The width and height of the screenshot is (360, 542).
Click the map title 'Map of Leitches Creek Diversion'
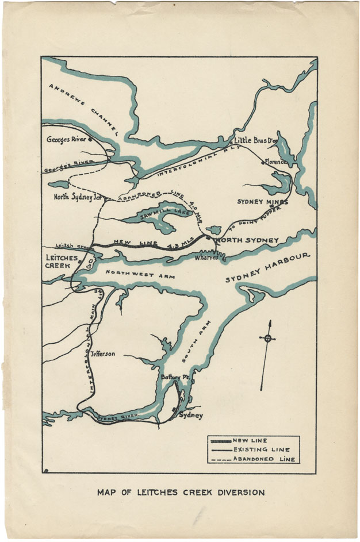181,493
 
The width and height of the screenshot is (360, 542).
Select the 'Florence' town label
275,162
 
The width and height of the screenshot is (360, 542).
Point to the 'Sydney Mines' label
262,202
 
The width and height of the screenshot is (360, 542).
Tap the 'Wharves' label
205,258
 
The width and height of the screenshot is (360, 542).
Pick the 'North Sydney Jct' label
78,197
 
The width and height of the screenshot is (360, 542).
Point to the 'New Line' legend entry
250,441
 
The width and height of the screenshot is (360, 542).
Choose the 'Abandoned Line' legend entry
263,459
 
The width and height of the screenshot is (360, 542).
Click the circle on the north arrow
267,339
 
